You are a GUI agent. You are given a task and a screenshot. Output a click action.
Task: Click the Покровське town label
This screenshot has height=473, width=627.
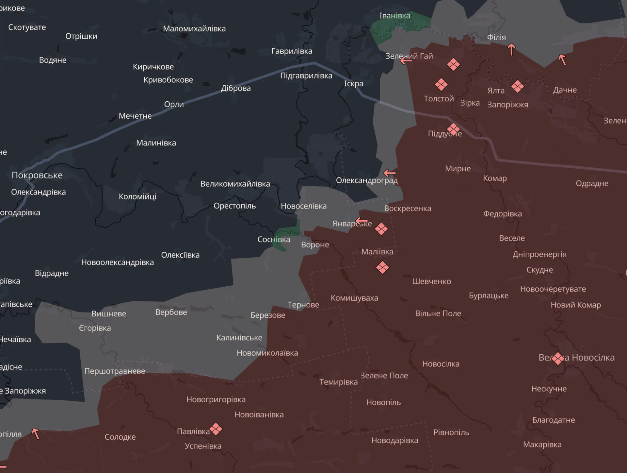pos(37,175)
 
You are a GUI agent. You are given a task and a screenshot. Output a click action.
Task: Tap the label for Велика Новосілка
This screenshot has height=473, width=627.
pos(576,358)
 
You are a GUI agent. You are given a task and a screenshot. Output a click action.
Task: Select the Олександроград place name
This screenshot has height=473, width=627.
pos(366,180)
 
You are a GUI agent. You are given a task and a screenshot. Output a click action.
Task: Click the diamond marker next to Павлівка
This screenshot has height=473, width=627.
pos(216,429)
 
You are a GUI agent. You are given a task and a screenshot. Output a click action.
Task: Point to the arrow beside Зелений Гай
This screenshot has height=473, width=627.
pos(406,60)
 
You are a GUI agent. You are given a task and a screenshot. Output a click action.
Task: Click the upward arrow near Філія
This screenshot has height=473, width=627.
pos(511,49)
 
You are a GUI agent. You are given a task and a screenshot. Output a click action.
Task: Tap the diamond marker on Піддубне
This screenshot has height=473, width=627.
pos(453,129)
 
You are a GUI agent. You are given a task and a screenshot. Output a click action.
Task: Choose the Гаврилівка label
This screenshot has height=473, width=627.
pos(292,51)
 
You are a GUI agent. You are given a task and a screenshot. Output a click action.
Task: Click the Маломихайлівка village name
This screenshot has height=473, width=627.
pos(194,29)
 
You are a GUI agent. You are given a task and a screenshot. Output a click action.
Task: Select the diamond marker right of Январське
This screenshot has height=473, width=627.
pos(381,229)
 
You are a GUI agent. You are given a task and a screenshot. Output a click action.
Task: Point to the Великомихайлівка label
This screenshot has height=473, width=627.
pos(235,184)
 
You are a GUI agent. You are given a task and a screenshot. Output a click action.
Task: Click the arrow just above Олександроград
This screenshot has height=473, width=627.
pos(390,173)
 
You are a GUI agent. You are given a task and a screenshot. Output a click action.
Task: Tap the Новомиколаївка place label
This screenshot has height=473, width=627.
pos(267,353)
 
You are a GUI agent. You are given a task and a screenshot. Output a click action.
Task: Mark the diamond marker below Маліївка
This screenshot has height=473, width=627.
pos(382,267)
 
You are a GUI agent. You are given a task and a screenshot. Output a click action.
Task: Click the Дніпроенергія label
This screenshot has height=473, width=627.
pos(539,254)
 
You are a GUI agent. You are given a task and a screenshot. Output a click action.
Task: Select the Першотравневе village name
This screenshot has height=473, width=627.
pos(115,371)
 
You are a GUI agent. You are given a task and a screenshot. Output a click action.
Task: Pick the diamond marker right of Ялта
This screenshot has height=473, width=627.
pos(517,86)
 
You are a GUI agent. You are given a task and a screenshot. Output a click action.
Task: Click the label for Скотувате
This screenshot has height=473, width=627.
pos(27,27)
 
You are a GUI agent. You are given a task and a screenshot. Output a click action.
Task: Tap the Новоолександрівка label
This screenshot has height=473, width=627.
pos(117,262)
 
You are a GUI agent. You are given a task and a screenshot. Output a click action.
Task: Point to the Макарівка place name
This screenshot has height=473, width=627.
pos(542,445)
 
